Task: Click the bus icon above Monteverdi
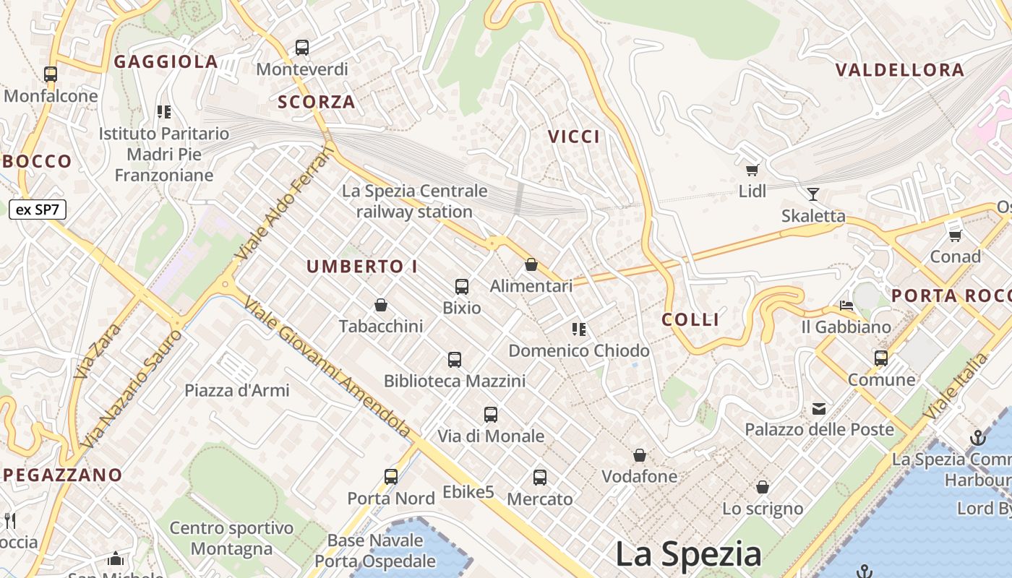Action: pyautogui.click(x=302, y=48)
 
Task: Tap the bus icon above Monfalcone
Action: pyautogui.click(x=51, y=74)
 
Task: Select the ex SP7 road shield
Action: pyautogui.click(x=38, y=210)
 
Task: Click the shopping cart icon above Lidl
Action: pyautogui.click(x=752, y=170)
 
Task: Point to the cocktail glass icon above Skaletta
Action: pyautogui.click(x=813, y=194)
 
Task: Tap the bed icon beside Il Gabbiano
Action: pyautogui.click(x=846, y=306)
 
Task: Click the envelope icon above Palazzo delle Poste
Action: pyautogui.click(x=819, y=409)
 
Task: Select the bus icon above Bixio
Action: pyautogui.click(x=462, y=286)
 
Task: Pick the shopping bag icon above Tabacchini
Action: pyautogui.click(x=381, y=305)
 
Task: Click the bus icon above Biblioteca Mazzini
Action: pyautogui.click(x=455, y=359)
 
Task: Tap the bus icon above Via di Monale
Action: pyautogui.click(x=491, y=415)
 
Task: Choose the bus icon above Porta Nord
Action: pyautogui.click(x=391, y=477)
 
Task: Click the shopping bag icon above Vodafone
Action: pyautogui.click(x=640, y=455)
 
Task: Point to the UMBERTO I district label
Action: pyautogui.click(x=362, y=267)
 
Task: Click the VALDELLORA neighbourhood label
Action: pyautogui.click(x=900, y=70)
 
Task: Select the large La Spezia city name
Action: pyautogui.click(x=688, y=555)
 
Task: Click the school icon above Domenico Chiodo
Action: pyautogui.click(x=579, y=329)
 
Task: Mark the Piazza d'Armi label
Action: pyautogui.click(x=237, y=391)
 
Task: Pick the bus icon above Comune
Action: pyautogui.click(x=881, y=358)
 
